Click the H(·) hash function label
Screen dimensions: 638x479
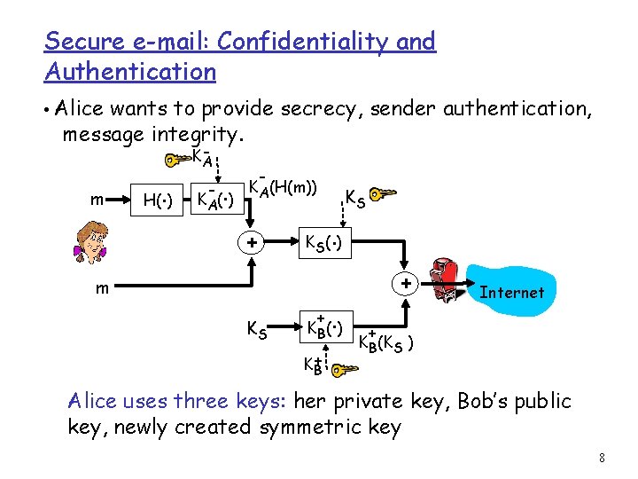coord(159,201)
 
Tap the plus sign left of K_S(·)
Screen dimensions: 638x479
coord(252,242)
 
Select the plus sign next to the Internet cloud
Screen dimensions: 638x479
coord(405,285)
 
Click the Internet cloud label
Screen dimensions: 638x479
coord(511,292)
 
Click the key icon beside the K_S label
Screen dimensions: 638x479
coord(384,194)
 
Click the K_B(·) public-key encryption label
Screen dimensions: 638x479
coord(325,329)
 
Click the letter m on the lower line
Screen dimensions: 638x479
coord(104,288)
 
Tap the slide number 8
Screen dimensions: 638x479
coord(602,459)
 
